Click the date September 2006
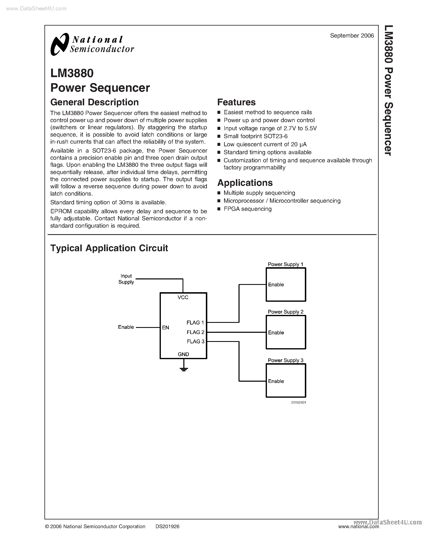352,36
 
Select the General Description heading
95,102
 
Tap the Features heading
236,102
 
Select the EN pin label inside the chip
166,327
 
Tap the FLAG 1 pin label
195,323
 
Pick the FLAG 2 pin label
195,332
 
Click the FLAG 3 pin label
195,341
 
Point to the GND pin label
183,354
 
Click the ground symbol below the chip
184,369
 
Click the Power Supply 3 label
285,360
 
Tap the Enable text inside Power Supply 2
276,333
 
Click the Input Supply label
126,279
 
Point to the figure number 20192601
298,403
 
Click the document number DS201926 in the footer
168,526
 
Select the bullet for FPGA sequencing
219,209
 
